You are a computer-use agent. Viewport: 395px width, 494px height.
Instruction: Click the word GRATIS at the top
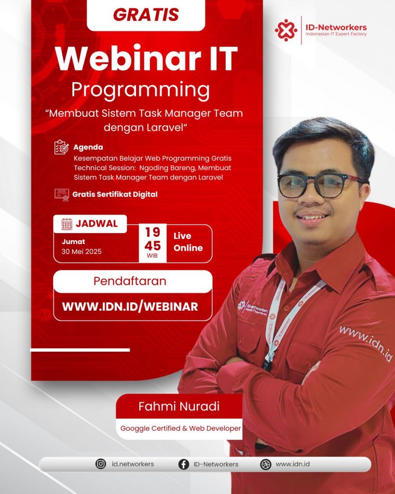(x=146, y=14)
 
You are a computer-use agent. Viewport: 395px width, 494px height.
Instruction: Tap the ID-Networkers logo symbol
(x=286, y=30)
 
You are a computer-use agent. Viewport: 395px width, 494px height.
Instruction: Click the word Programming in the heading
(x=140, y=90)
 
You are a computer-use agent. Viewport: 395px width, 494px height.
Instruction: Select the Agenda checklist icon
(x=61, y=147)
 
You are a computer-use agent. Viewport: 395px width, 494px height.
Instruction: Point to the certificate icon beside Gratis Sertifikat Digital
(x=62, y=195)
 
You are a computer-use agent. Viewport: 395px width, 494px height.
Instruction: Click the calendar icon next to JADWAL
(x=67, y=224)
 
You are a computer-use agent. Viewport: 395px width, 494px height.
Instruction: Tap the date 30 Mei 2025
(x=82, y=251)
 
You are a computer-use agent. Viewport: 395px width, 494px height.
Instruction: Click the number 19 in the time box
(x=152, y=232)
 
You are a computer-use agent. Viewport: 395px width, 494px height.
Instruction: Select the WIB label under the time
(x=152, y=256)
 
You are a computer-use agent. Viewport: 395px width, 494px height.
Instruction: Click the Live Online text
(x=188, y=242)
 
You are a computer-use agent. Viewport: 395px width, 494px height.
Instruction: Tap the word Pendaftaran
(x=130, y=281)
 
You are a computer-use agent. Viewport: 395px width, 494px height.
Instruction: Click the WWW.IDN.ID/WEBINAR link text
(x=130, y=306)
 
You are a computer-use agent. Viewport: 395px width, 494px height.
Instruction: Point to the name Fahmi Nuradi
(x=179, y=406)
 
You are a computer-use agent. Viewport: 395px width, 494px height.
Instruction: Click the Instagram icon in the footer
(x=101, y=464)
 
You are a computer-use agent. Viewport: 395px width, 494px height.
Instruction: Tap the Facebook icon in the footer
(x=184, y=464)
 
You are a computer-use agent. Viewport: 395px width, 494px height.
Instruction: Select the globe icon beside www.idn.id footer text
(x=266, y=464)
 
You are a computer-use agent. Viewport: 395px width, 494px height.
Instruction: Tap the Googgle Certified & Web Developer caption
(x=180, y=428)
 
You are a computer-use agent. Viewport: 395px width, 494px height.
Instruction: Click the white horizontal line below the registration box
(x=80, y=350)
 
